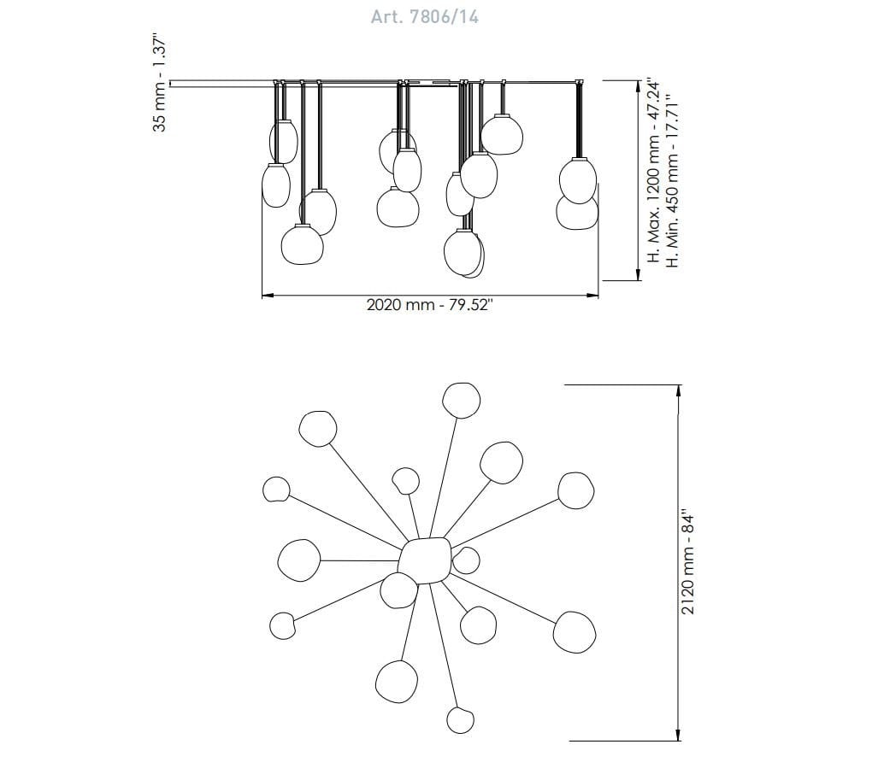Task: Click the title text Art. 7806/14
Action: point(424,17)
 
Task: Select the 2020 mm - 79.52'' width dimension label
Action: point(429,305)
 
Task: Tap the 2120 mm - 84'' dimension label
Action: point(687,562)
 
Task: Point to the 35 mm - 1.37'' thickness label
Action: point(160,85)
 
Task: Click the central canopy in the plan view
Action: point(427,560)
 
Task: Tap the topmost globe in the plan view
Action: point(462,400)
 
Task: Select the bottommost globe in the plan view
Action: point(460,720)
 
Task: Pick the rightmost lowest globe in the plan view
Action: point(575,632)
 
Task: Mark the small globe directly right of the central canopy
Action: point(466,560)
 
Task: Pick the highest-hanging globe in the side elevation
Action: point(502,134)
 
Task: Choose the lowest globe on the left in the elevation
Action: point(303,244)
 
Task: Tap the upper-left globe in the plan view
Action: point(318,429)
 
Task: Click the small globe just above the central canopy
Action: point(405,481)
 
